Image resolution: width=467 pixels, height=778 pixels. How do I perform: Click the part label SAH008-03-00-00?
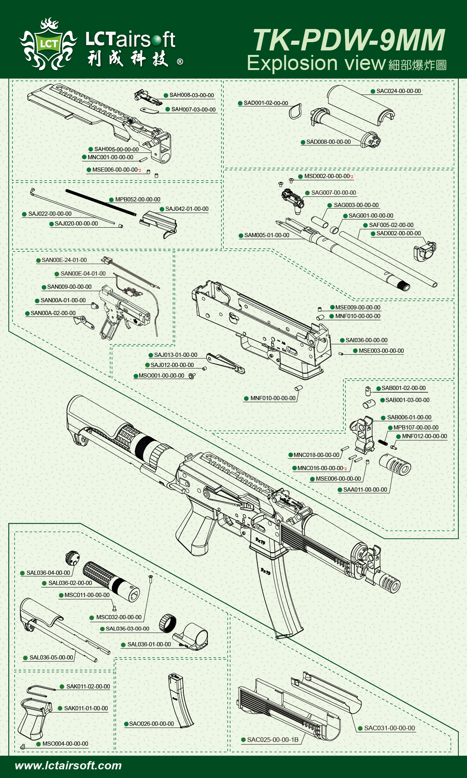pyautogui.click(x=191, y=95)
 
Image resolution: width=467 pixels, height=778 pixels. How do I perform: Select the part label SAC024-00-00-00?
pyautogui.click(x=398, y=91)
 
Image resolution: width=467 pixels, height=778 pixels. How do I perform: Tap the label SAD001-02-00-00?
pyautogui.click(x=266, y=103)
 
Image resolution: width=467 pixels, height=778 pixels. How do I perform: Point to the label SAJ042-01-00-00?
pyautogui.click(x=186, y=209)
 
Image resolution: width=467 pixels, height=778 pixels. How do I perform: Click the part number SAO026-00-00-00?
pyautogui.click(x=151, y=724)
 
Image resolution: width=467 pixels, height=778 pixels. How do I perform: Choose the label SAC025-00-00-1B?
pyautogui.click(x=272, y=740)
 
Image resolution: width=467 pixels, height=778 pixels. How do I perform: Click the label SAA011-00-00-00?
pyautogui.click(x=365, y=490)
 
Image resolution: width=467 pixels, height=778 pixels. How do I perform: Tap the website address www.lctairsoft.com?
pyautogui.click(x=68, y=766)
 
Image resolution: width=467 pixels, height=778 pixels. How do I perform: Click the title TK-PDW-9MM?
pyautogui.click(x=349, y=40)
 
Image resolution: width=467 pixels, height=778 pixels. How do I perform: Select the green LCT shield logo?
pyautogui.click(x=49, y=44)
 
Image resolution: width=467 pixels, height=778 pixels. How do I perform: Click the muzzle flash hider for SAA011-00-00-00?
pyautogui.click(x=395, y=464)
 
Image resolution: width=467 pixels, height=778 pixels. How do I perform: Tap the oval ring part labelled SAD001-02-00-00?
pyautogui.click(x=295, y=111)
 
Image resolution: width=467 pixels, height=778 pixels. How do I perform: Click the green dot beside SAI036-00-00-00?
pyautogui.click(x=342, y=340)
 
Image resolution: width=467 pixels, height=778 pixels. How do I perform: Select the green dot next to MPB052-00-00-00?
pyautogui.click(x=111, y=199)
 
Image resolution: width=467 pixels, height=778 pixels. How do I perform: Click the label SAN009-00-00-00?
pyautogui.click(x=69, y=287)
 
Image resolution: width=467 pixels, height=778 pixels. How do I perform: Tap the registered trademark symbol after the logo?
pyautogui.click(x=180, y=62)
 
